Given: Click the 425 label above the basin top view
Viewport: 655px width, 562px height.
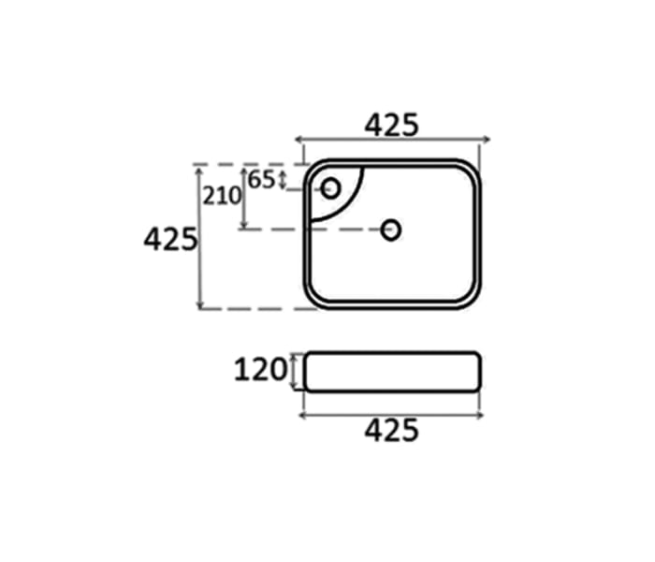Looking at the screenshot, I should [x=391, y=125].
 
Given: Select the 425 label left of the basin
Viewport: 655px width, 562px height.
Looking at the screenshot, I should [x=169, y=240].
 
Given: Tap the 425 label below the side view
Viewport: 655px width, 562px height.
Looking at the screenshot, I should [x=391, y=432].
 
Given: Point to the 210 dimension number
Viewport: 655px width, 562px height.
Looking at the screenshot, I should [x=223, y=196].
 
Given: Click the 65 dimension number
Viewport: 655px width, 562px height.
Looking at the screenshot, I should [x=263, y=179].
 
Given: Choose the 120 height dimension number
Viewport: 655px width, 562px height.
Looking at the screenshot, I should [x=259, y=371].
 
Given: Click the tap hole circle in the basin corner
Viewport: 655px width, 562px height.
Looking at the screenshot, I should [x=330, y=188].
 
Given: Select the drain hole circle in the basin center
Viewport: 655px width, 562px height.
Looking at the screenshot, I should [x=391, y=229].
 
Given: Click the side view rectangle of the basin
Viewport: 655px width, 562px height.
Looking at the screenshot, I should [x=391, y=372].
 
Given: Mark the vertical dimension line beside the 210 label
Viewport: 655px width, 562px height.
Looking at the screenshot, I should [x=244, y=199].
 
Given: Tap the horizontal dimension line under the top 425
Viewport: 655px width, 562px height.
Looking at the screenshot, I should [x=391, y=141].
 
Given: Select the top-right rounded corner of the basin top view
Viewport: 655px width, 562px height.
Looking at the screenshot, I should [x=471, y=170].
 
